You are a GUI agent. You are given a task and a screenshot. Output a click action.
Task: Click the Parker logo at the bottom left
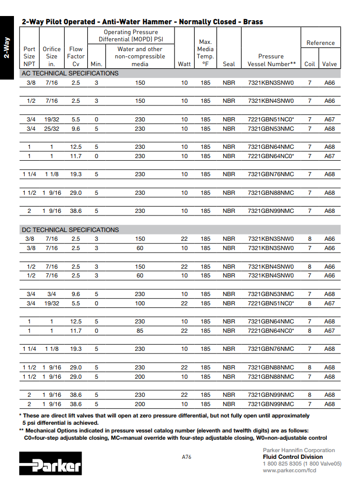point(51,463)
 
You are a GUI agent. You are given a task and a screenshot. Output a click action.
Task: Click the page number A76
point(186,457)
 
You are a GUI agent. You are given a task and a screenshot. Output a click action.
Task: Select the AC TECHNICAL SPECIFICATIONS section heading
point(70,73)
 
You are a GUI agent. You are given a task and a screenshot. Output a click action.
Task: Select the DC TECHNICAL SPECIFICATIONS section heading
point(70,230)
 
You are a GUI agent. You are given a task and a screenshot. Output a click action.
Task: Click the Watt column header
point(184,64)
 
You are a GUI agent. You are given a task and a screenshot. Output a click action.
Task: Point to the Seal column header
point(229,64)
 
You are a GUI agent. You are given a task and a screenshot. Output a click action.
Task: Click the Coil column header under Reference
point(309,64)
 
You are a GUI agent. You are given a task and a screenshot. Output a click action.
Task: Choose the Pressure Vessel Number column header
point(271,60)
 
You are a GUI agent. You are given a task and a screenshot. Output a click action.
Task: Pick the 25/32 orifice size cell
point(52,129)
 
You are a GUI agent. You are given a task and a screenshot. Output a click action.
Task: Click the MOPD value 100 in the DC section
point(140,303)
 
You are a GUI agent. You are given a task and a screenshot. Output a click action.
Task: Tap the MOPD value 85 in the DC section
point(140,331)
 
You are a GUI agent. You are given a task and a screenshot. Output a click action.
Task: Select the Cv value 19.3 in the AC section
point(76,174)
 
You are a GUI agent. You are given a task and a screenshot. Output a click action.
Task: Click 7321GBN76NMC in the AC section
point(271,174)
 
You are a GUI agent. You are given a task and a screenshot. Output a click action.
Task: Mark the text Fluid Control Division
point(293,457)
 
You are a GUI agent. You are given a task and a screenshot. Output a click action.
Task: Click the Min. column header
point(97,64)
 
